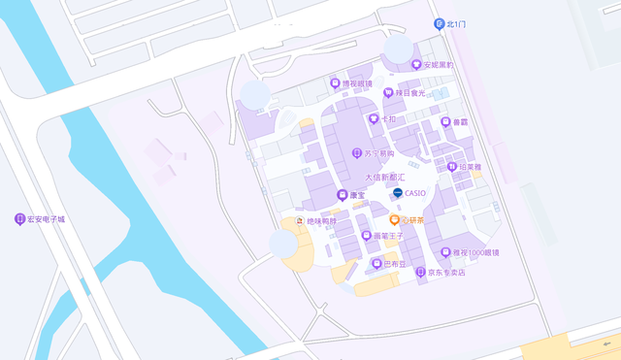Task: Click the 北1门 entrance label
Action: click(x=456, y=23)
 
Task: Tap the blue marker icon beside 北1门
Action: click(x=439, y=23)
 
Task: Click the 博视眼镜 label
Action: click(x=357, y=83)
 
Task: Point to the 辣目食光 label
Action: click(x=409, y=93)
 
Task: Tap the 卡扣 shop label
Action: click(x=388, y=118)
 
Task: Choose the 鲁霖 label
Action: click(x=460, y=122)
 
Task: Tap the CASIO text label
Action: click(x=415, y=193)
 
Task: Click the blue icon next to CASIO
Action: click(x=397, y=193)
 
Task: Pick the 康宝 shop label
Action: click(x=357, y=195)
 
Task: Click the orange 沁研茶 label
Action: click(x=412, y=220)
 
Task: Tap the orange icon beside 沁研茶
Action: click(x=394, y=220)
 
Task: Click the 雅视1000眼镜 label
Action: click(x=476, y=252)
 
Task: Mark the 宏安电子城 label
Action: click(x=46, y=219)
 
